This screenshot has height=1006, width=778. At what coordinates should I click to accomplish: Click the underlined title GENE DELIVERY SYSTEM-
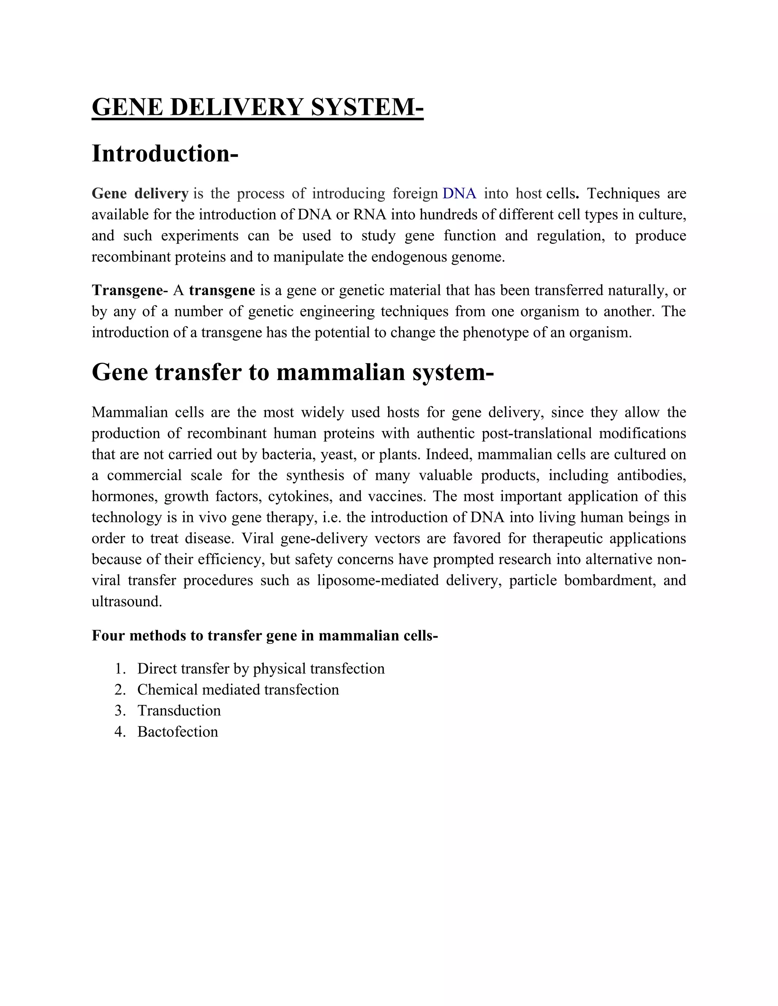pos(257,107)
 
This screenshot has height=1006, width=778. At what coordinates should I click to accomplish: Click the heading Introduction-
pos(165,153)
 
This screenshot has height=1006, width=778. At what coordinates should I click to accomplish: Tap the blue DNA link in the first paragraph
pos(459,194)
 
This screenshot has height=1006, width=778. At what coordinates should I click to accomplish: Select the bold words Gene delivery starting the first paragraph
pos(140,194)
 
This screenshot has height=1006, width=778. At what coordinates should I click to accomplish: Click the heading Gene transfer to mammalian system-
pos(293,372)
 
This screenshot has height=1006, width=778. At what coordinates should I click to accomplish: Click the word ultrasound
pos(127,602)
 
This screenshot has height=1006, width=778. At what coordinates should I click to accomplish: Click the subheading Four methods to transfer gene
pos(264,635)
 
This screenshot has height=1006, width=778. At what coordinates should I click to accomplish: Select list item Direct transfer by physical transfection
pos(261,669)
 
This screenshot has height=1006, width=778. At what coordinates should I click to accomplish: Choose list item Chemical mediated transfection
pos(238,689)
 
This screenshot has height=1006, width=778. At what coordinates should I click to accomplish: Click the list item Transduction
pos(179,711)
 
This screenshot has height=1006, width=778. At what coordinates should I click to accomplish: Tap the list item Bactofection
pos(177,732)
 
